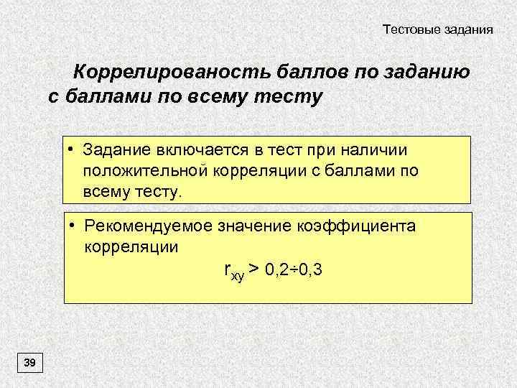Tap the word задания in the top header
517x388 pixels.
[467, 30]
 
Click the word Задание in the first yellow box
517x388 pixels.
[115, 150]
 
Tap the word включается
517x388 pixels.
[201, 150]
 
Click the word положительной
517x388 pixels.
[144, 171]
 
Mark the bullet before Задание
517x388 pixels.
[73, 149]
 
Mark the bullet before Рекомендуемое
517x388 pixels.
[73, 225]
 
